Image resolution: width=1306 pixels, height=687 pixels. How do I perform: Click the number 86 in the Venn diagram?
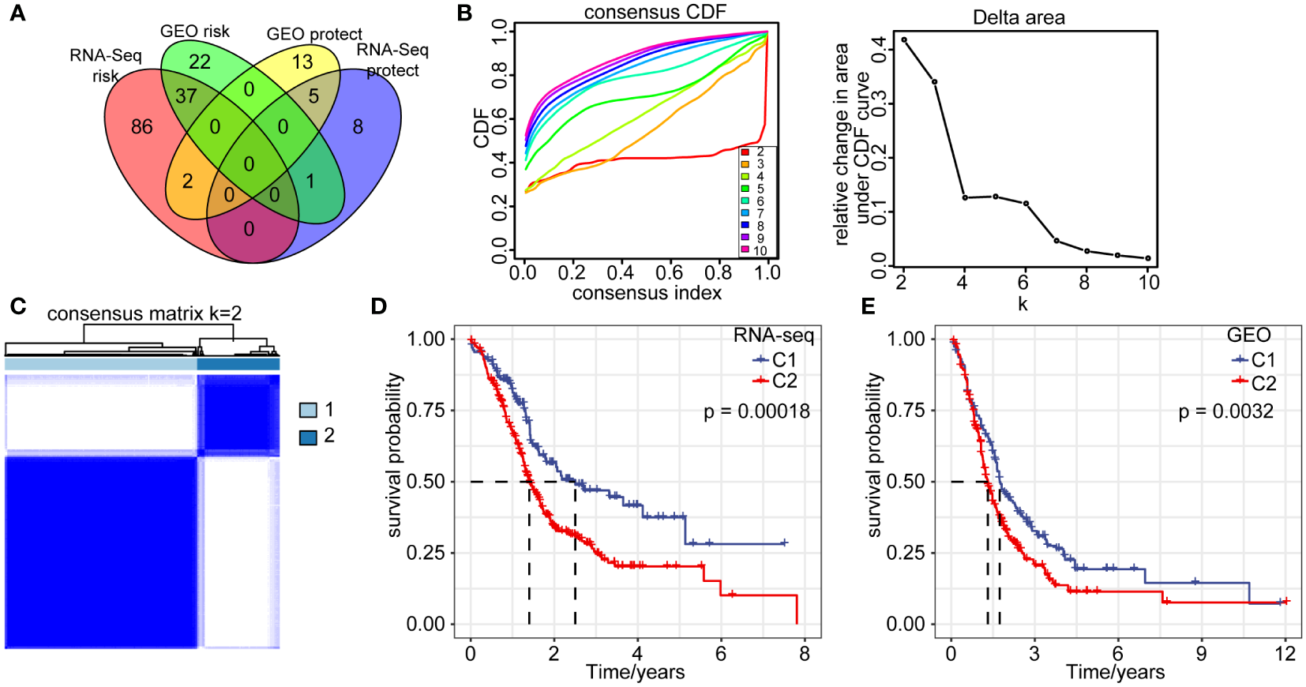142,126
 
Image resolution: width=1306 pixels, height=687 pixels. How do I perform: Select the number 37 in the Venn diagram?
186,96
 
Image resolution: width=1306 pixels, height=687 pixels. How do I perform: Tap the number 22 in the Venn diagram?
200,62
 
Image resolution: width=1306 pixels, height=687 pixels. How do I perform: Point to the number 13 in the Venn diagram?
302,62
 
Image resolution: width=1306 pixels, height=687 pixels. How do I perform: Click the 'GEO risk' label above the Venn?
194,32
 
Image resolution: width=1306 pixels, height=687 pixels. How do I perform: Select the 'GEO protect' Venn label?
314,34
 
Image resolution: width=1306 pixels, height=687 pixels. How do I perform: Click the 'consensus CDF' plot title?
655,12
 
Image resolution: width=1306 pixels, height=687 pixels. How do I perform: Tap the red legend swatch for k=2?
745,152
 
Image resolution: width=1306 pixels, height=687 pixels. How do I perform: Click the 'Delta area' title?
1019,17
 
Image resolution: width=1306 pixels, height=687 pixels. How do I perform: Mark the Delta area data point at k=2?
904,39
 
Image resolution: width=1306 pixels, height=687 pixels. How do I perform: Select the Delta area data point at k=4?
965,197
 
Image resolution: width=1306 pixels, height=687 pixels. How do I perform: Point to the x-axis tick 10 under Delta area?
1149,282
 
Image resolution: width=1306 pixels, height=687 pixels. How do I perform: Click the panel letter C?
17,306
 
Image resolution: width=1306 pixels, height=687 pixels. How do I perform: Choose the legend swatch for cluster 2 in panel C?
308,437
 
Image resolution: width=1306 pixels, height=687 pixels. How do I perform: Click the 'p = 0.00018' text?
756,411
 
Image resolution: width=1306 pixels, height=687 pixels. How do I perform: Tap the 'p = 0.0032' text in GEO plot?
1225,411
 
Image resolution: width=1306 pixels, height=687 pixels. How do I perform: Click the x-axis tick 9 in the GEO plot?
1201,654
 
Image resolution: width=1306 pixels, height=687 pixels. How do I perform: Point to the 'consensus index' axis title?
647,294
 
